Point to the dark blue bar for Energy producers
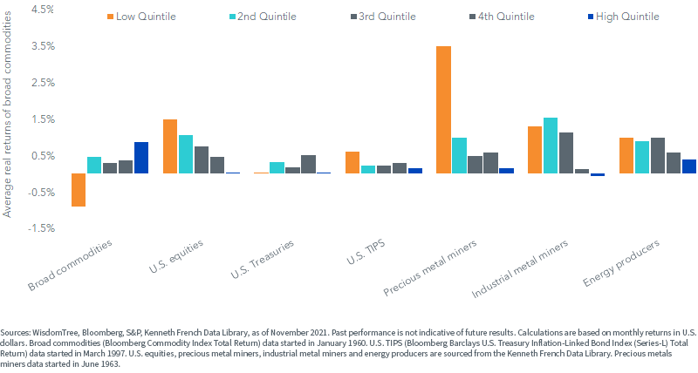[x=689, y=166]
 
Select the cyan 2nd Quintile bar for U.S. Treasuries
[x=277, y=167]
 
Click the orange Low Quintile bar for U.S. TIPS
[x=352, y=162]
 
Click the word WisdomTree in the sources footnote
[x=52, y=333]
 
